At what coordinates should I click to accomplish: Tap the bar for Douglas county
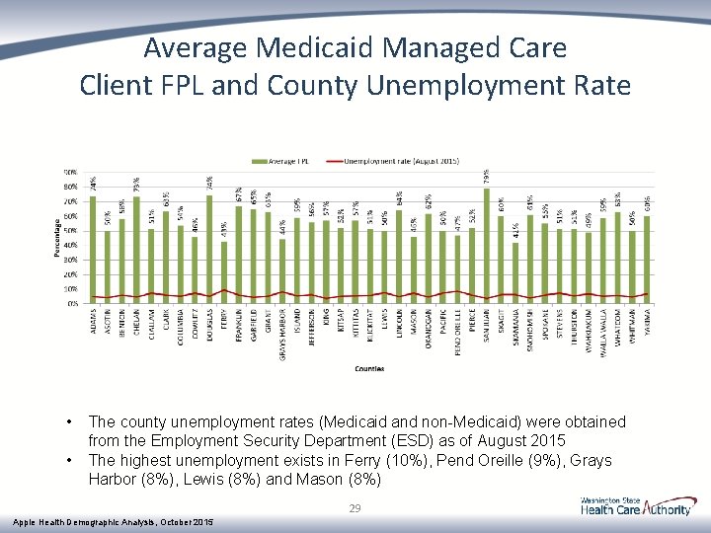(209, 251)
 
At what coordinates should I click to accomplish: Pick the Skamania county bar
(515, 273)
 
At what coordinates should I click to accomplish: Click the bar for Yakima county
(647, 261)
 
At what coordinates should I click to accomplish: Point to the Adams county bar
(93, 251)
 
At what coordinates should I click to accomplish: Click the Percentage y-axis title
(56, 238)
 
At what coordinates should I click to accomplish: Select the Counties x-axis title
(369, 368)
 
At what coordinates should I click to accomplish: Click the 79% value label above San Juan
(487, 175)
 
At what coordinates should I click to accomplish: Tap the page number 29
(355, 508)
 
